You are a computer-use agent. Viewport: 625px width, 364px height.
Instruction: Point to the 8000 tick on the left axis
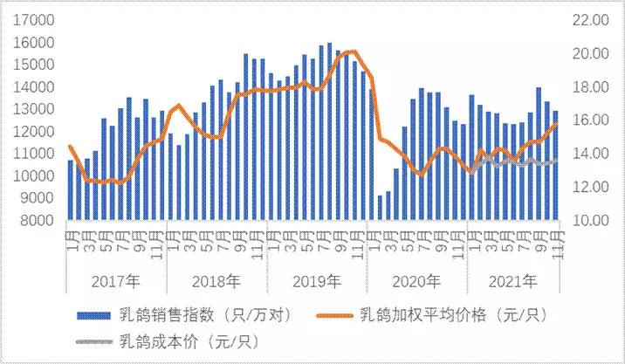[x=36, y=221]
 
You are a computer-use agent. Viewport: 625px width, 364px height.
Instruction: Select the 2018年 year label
[x=216, y=282]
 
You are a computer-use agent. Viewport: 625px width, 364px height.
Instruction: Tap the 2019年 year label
[x=317, y=282]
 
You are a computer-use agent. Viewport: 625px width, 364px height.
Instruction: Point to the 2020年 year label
[x=417, y=282]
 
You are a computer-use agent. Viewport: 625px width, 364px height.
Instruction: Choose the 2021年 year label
[x=513, y=282]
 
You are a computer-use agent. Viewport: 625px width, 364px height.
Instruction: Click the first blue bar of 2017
[x=71, y=190]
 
